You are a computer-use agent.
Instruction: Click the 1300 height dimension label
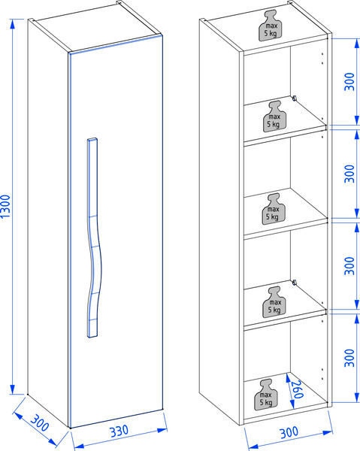click(x=5, y=206)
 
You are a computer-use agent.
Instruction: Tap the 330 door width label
click(x=119, y=431)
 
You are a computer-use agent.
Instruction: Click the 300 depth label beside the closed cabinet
click(x=40, y=422)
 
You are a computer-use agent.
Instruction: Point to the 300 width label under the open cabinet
click(x=289, y=432)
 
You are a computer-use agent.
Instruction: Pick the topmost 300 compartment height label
click(x=349, y=82)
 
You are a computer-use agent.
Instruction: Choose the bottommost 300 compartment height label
click(x=349, y=358)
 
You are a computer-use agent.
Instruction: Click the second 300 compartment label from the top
click(x=349, y=174)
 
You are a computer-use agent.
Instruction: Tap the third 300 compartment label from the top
click(x=349, y=266)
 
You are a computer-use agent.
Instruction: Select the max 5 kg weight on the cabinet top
click(x=271, y=26)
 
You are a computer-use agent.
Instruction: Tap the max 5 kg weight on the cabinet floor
click(x=266, y=395)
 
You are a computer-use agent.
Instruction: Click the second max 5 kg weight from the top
click(x=275, y=117)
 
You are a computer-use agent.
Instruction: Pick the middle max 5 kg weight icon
click(x=274, y=209)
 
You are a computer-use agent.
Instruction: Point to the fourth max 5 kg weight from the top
click(x=274, y=302)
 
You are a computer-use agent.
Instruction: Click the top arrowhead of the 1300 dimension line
click(x=12, y=24)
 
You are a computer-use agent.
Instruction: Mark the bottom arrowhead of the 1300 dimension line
click(x=12, y=389)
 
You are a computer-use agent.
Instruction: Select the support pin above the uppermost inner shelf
click(x=294, y=98)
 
